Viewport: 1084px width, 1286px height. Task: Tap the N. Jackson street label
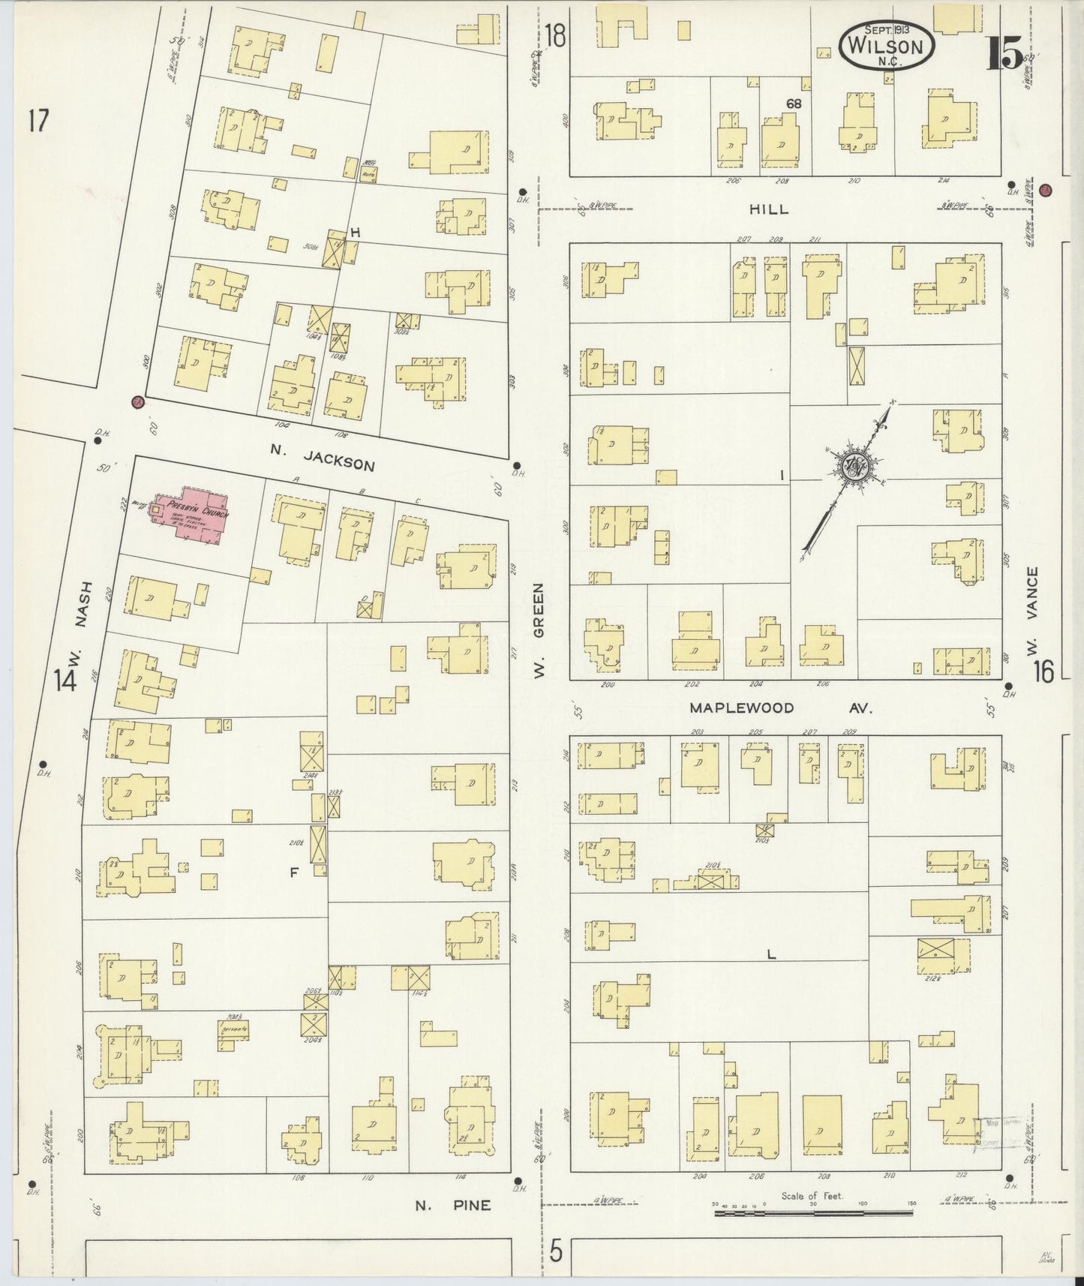(322, 459)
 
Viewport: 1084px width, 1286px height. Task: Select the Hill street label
(768, 210)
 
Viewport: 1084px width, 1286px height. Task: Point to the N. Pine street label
(453, 1205)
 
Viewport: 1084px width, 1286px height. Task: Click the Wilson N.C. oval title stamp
(885, 44)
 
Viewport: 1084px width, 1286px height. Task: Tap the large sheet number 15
(1003, 53)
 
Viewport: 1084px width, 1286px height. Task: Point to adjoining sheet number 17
(38, 120)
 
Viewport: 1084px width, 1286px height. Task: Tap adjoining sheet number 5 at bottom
(555, 1251)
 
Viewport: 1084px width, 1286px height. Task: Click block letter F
(293, 872)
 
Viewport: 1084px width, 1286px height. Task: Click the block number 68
(793, 104)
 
